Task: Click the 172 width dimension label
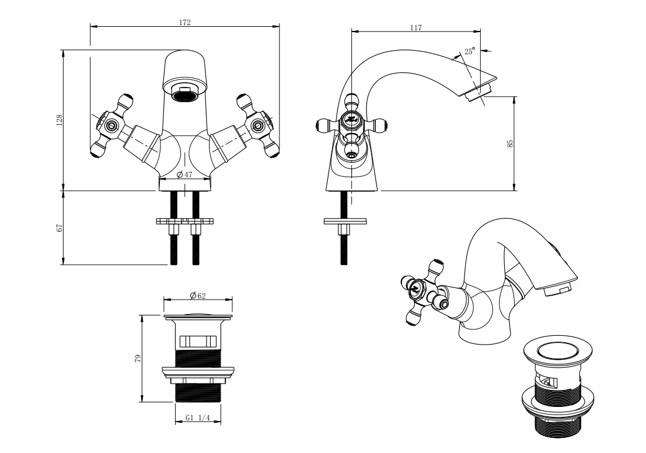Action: pyautogui.click(x=184, y=22)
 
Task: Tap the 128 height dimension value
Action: pyautogui.click(x=60, y=120)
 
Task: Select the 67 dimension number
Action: pyautogui.click(x=60, y=227)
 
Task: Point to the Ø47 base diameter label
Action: pyautogui.click(x=184, y=174)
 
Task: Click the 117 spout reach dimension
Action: pyautogui.click(x=416, y=27)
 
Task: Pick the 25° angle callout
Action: pyautogui.click(x=470, y=51)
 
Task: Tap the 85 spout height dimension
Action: pyautogui.click(x=511, y=143)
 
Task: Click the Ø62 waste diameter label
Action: pyautogui.click(x=198, y=296)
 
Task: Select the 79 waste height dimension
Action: pyautogui.click(x=138, y=359)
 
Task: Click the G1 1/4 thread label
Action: pyautogui.click(x=198, y=417)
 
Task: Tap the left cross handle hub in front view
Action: pyautogui.click(x=111, y=125)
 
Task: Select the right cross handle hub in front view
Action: pyautogui.click(x=258, y=125)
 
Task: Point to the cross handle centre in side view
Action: pyautogui.click(x=351, y=120)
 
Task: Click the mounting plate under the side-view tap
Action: pyautogui.click(x=345, y=222)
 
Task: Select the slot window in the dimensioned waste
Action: pyautogui.click(x=198, y=341)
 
